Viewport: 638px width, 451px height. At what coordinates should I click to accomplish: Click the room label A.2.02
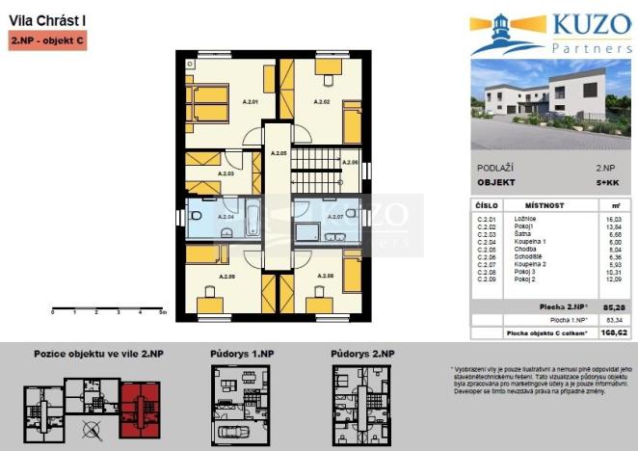(x=322, y=101)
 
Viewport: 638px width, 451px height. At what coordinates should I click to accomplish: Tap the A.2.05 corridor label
(x=279, y=153)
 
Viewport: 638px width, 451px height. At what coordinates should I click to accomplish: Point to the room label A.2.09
(x=226, y=277)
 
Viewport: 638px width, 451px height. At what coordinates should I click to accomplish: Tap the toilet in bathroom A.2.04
(x=196, y=215)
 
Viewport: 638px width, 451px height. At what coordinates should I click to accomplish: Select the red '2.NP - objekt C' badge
(x=47, y=41)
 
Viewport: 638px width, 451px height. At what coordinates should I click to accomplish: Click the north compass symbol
(x=92, y=430)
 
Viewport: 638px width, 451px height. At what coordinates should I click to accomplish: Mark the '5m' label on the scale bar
(x=164, y=313)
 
